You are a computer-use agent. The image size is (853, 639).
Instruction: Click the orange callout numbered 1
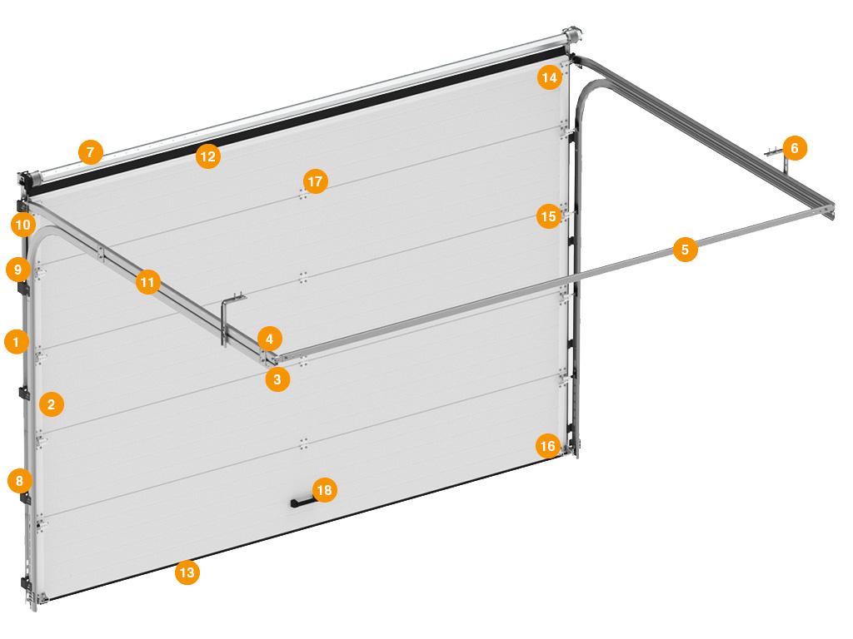pyautogui.click(x=17, y=342)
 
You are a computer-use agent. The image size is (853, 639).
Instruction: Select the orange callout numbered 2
pyautogui.click(x=52, y=404)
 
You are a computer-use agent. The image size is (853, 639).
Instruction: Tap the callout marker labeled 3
pyautogui.click(x=277, y=379)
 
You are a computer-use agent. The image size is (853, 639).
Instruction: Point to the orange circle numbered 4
pyautogui.click(x=270, y=339)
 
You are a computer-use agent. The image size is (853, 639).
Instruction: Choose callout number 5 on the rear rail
pyautogui.click(x=686, y=250)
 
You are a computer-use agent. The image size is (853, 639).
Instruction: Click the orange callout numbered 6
pyautogui.click(x=795, y=148)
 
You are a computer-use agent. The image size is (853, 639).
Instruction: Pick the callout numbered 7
pyautogui.click(x=91, y=152)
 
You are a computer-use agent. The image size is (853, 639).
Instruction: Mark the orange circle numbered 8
pyautogui.click(x=20, y=481)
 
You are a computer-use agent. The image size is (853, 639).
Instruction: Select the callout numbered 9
pyautogui.click(x=18, y=270)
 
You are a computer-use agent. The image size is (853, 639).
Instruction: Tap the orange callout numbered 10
pyautogui.click(x=23, y=225)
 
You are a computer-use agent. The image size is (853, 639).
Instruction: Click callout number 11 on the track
pyautogui.click(x=148, y=282)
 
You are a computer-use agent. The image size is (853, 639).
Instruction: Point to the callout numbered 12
pyautogui.click(x=208, y=156)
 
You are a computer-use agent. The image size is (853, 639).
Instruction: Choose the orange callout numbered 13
pyautogui.click(x=187, y=572)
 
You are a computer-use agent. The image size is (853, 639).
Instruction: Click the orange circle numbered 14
pyautogui.click(x=550, y=77)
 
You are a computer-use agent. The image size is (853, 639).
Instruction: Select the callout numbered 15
pyautogui.click(x=549, y=216)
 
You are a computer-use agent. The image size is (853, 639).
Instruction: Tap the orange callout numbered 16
pyautogui.click(x=548, y=446)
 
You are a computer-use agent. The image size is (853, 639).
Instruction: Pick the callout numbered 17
pyautogui.click(x=316, y=181)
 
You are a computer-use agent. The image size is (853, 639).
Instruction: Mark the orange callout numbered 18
pyautogui.click(x=325, y=490)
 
